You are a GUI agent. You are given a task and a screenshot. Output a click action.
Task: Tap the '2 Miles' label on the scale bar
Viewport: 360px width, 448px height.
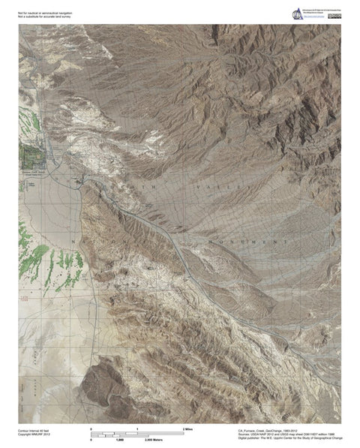tap(188, 428)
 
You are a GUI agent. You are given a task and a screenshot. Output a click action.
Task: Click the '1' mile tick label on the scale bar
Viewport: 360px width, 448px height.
tap(138, 428)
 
